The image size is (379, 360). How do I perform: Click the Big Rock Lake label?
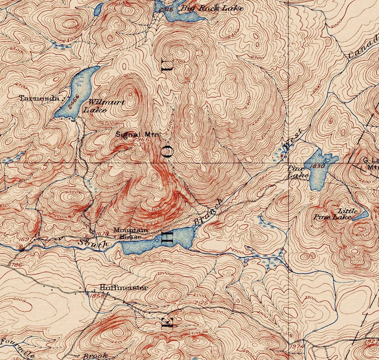211,8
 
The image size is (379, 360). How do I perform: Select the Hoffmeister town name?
124,288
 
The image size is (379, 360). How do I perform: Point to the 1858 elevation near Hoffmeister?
95,296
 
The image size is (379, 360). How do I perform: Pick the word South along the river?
93,243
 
